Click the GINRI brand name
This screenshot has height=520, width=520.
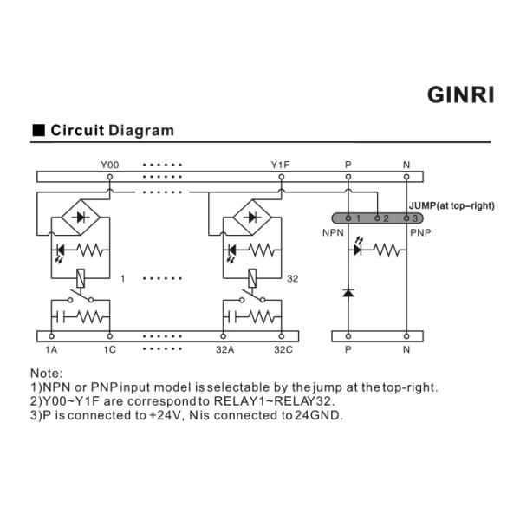[461, 94]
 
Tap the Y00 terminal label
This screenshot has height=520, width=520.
[109, 164]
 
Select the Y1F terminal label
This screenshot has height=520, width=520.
[280, 164]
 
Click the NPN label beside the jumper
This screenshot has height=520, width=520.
[333, 233]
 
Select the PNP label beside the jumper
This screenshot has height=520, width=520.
[420, 233]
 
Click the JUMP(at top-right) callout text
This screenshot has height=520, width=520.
[451, 205]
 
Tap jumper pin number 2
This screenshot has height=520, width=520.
[386, 218]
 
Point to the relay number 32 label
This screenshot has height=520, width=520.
[293, 278]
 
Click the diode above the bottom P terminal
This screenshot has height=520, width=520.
[348, 293]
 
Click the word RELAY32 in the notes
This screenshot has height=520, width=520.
[306, 401]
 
